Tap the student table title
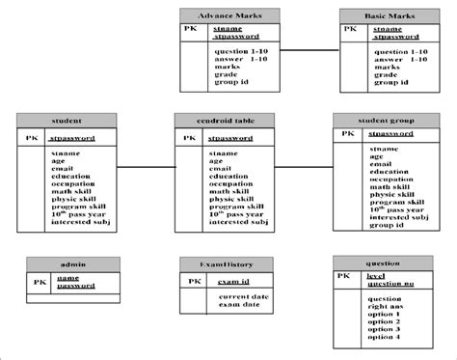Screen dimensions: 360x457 click(x=67, y=120)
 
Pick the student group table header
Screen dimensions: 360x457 click(x=384, y=120)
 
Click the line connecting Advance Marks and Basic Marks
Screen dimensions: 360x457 click(x=309, y=49)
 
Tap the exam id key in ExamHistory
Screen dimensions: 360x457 click(x=233, y=281)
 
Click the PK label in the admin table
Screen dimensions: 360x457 click(x=40, y=282)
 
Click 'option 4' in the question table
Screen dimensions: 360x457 click(x=384, y=337)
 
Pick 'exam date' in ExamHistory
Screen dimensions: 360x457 click(x=240, y=304)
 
